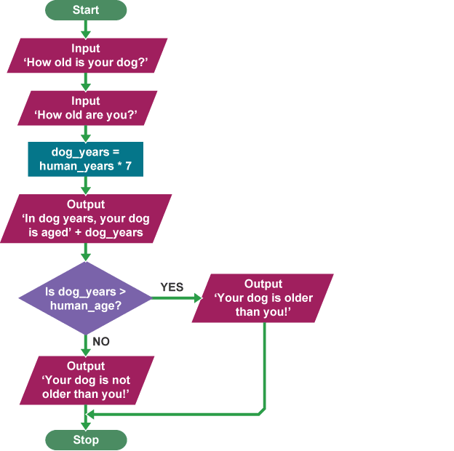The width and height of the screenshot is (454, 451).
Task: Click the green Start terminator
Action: [x=86, y=10]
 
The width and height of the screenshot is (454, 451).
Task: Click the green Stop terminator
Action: [x=86, y=440]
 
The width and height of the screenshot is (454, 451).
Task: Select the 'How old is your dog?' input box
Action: [x=87, y=56]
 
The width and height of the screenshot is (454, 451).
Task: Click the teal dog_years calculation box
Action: [x=86, y=159]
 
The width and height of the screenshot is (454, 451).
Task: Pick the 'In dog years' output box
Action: [x=86, y=218]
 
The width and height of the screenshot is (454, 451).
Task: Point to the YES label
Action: [x=172, y=287]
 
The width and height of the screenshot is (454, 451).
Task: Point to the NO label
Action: [x=101, y=340]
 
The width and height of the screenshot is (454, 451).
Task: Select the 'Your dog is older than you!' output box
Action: [x=263, y=298]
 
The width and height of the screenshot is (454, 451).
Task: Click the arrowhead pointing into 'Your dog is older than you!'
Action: [x=199, y=298]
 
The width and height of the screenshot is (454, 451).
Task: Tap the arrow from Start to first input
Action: [x=86, y=29]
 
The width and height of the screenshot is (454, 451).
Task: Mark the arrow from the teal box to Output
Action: [x=86, y=185]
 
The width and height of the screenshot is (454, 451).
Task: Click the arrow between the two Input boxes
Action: [x=86, y=82]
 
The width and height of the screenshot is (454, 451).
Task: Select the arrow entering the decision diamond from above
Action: [x=86, y=252]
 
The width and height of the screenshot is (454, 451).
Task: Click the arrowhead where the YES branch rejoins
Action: [x=90, y=415]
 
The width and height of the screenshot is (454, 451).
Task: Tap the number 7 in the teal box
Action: [x=129, y=166]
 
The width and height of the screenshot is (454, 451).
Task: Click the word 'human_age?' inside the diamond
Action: [x=81, y=306]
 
